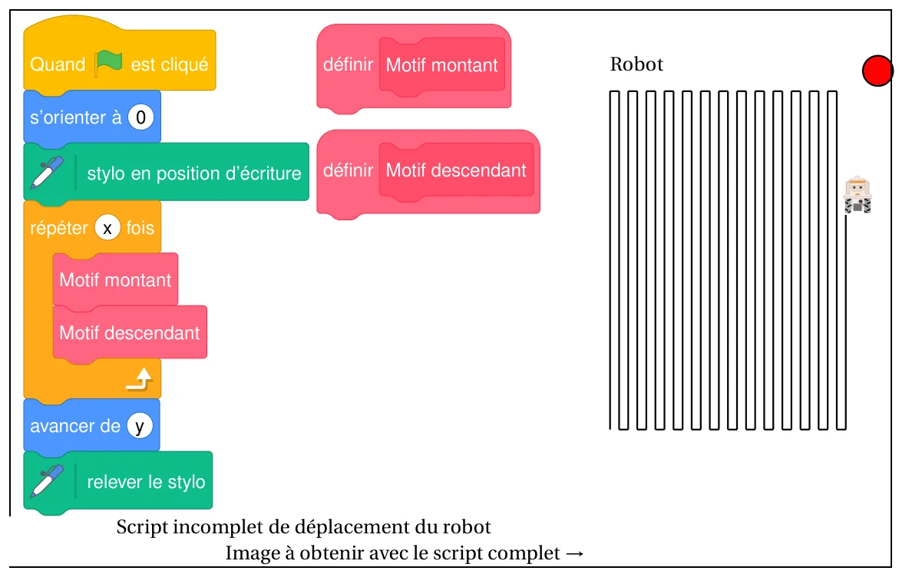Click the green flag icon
pos(108,62)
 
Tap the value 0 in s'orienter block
pos(140,117)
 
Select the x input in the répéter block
pos(107,228)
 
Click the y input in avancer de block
pos(139,426)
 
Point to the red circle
pos(878,71)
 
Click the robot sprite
pos(858,196)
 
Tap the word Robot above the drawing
pos(636,64)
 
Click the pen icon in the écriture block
pos(48,172)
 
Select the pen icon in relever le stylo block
pos(48,480)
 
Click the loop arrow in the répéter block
pos(140,379)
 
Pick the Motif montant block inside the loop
pos(115,279)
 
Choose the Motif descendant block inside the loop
pos(130,333)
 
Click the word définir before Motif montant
pos(348,64)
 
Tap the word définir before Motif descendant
pos(348,170)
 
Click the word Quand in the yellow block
pos(58,64)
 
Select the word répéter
pos(59,229)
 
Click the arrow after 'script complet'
pos(574,553)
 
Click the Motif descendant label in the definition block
pos(456,170)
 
